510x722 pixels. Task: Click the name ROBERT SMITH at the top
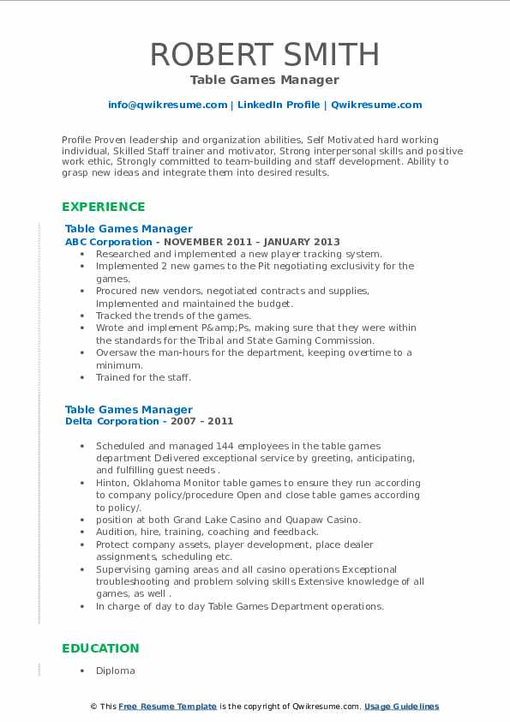coord(264,54)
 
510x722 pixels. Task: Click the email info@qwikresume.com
coord(167,105)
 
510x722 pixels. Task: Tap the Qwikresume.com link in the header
coord(376,105)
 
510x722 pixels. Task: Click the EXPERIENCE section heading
coord(103,207)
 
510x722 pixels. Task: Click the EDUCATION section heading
coord(100,648)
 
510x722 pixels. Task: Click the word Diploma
coord(116,671)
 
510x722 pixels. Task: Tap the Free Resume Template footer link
coord(167,707)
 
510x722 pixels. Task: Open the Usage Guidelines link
coord(401,707)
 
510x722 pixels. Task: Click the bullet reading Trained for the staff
coord(143,377)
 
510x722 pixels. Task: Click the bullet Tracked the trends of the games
coord(173,316)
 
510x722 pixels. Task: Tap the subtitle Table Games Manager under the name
coord(264,80)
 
